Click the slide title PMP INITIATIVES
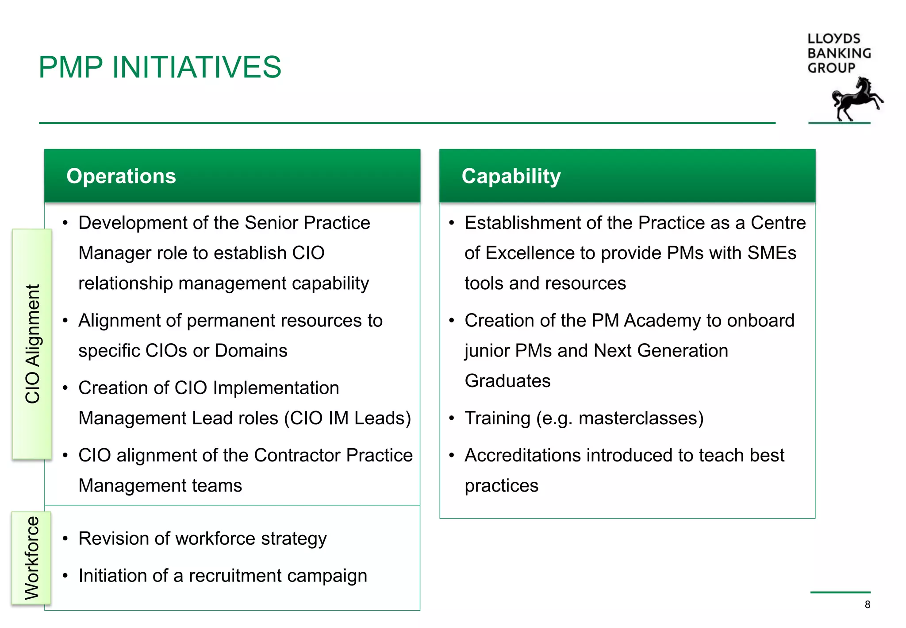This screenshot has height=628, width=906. (160, 67)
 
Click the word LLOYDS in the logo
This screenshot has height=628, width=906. (833, 39)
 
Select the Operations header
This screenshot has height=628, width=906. (121, 176)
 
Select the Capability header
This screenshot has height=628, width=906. (511, 176)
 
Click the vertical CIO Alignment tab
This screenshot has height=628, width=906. (32, 344)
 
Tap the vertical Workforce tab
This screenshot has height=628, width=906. (31, 558)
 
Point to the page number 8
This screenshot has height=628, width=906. (867, 605)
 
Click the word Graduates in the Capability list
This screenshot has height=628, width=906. (507, 381)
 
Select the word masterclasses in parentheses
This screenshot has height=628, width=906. (641, 419)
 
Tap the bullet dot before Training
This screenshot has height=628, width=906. (452, 418)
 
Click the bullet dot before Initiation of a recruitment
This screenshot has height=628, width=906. (65, 576)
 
